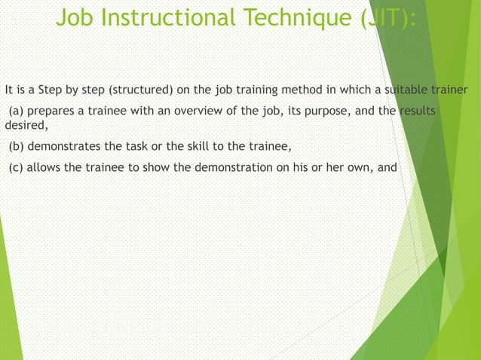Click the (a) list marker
(x=16, y=113)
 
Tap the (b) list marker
(x=16, y=146)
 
